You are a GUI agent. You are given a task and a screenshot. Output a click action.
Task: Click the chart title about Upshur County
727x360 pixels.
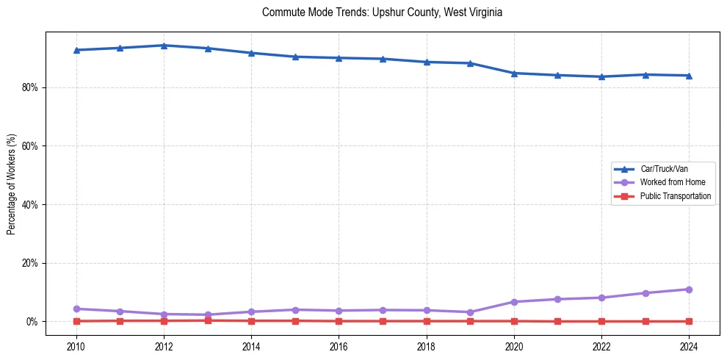(382, 12)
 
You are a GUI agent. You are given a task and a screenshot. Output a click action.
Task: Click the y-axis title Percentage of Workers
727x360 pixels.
(11, 184)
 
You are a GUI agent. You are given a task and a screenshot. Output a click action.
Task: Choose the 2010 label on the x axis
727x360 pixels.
(76, 346)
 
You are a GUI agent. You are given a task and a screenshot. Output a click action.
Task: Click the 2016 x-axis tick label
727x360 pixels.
(339, 346)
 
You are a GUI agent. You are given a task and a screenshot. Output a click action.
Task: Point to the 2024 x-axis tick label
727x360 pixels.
(689, 346)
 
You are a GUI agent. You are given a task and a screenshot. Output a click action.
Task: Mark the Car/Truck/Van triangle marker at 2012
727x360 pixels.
(164, 46)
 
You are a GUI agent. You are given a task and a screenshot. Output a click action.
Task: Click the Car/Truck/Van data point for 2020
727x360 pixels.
(514, 73)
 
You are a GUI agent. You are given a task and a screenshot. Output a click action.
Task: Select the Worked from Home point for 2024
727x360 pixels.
(689, 289)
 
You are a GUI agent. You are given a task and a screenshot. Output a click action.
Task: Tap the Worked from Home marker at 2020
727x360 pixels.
(514, 302)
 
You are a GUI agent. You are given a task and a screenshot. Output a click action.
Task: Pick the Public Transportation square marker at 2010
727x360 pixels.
(76, 321)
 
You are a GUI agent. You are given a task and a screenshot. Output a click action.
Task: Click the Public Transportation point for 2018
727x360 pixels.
(427, 321)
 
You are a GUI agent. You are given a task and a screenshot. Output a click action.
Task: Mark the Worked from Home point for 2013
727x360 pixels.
(208, 314)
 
